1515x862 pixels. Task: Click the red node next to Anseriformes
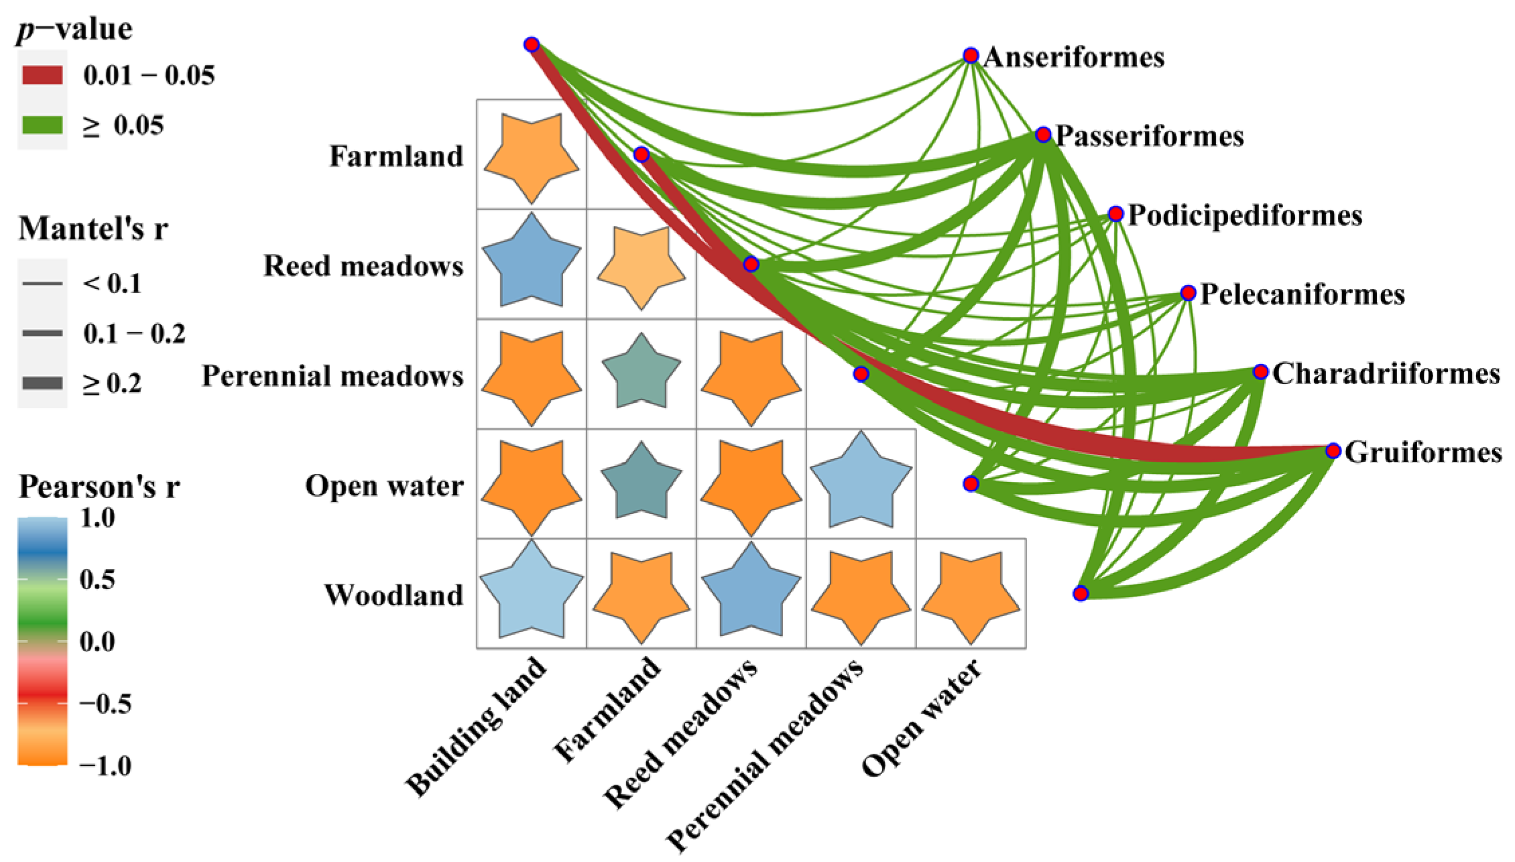click(970, 55)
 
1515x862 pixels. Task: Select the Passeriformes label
click(1149, 136)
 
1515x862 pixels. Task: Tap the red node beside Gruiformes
click(1333, 451)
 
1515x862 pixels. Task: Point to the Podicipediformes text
click(1245, 216)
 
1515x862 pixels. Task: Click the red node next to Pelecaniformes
click(1188, 293)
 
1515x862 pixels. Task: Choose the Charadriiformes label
click(1386, 374)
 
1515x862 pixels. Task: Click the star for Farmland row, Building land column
click(532, 156)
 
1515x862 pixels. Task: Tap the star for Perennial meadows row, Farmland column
click(642, 373)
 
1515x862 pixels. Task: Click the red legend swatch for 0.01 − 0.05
click(42, 75)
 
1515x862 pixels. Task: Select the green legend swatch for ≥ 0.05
click(42, 125)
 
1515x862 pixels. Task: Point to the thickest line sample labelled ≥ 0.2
click(42, 383)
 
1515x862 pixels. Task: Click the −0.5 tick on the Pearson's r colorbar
click(104, 704)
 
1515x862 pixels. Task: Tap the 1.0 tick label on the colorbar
click(97, 518)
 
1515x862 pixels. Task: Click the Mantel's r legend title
click(93, 229)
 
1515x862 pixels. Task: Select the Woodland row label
click(394, 595)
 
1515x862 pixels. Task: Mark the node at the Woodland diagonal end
click(1080, 593)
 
